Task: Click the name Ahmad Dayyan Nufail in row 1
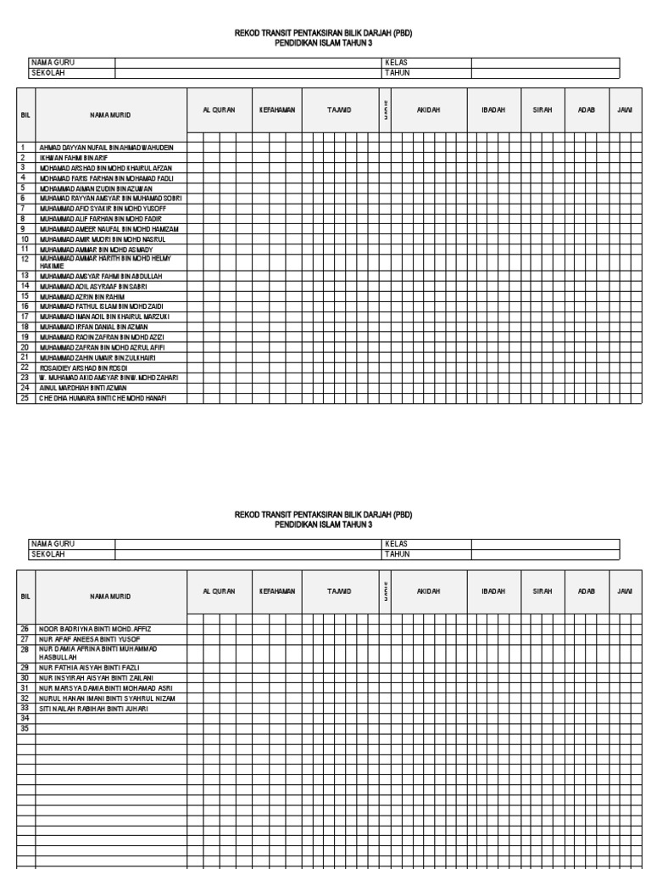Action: [x=105, y=147]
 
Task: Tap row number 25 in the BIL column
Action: [x=25, y=398]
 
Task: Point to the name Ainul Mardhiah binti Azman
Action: [x=83, y=388]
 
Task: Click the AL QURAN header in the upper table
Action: [x=219, y=110]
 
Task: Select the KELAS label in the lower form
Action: [x=396, y=543]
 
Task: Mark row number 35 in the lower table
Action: [x=25, y=728]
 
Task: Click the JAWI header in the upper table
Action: [x=625, y=110]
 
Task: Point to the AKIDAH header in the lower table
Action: [x=428, y=591]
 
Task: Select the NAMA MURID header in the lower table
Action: [x=110, y=597]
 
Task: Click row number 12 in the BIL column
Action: [x=25, y=259]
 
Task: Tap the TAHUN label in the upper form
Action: [x=397, y=73]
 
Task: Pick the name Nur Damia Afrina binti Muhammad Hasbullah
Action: [x=97, y=653]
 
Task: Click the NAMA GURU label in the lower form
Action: [x=52, y=543]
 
